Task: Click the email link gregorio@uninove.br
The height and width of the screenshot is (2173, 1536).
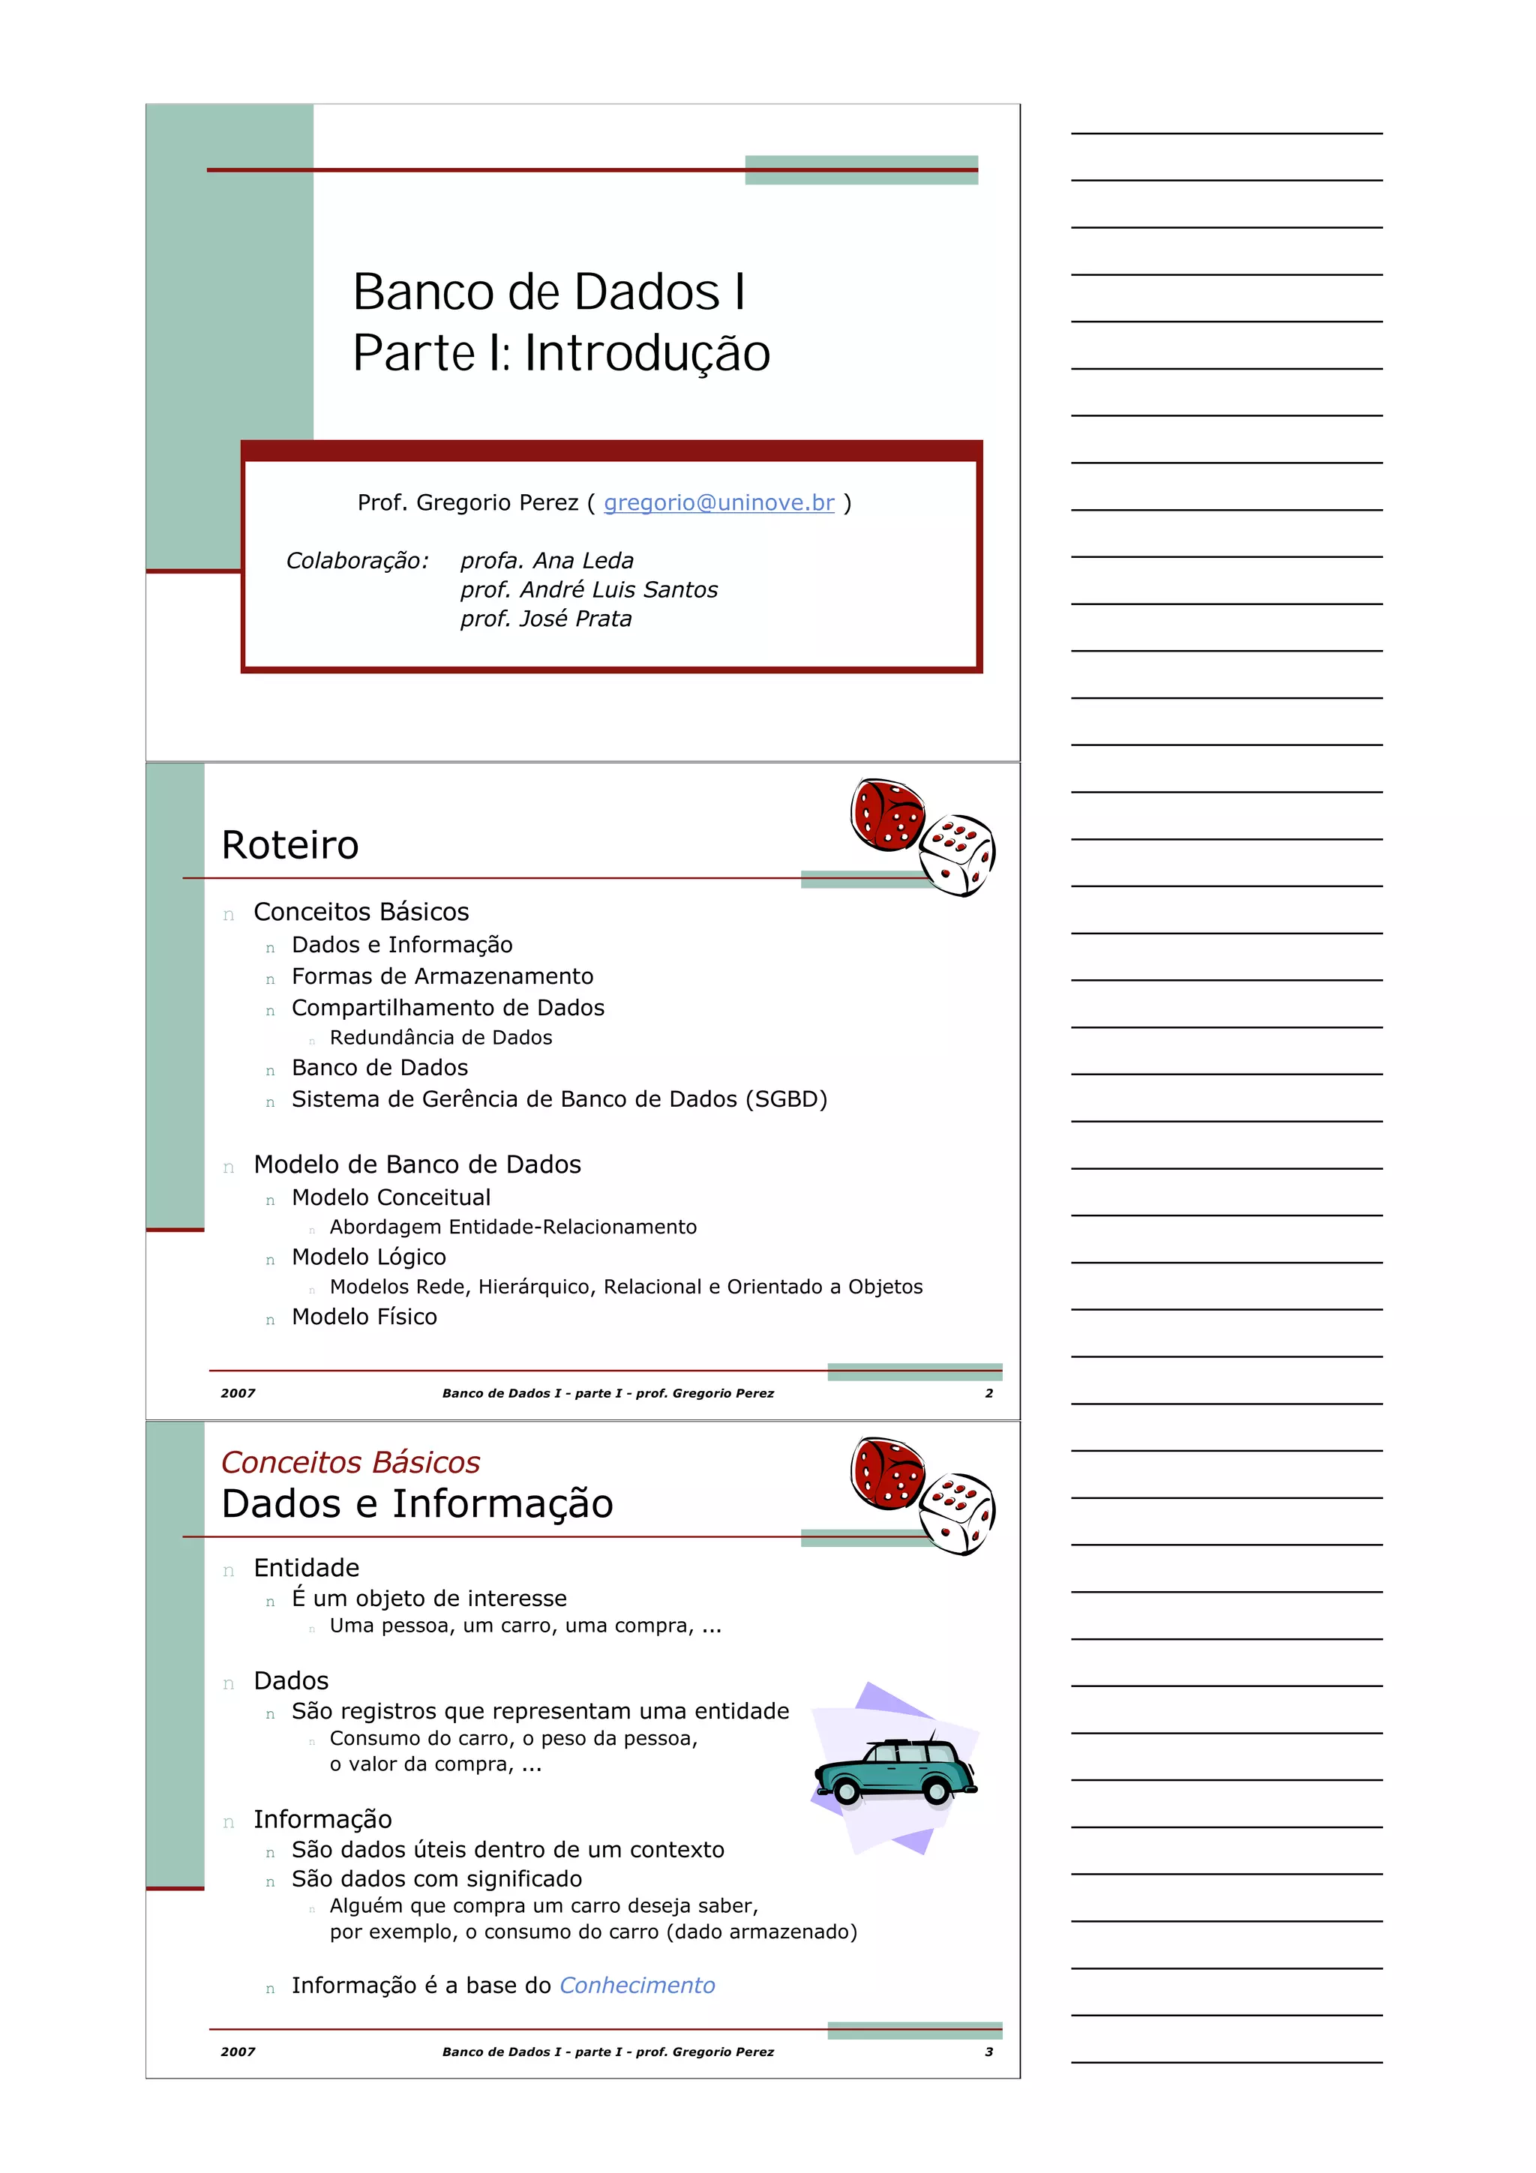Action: click(x=718, y=502)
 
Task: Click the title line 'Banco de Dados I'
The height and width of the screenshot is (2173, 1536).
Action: click(x=549, y=292)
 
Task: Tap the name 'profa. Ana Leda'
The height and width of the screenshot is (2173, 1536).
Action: click(x=546, y=560)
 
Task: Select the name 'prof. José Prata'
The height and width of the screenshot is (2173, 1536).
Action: click(x=545, y=619)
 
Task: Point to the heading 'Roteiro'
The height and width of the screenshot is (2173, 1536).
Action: click(x=289, y=845)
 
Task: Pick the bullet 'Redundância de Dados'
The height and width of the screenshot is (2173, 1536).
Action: click(x=440, y=1037)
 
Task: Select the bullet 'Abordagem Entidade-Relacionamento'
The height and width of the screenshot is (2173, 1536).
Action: click(x=512, y=1227)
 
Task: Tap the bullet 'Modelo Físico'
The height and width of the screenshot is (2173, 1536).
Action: click(x=364, y=1317)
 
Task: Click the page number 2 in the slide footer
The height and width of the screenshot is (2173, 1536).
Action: click(x=989, y=1393)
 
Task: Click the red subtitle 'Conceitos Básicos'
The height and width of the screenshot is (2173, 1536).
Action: click(x=350, y=1462)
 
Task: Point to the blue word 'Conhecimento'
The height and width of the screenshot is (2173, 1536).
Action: click(x=637, y=1985)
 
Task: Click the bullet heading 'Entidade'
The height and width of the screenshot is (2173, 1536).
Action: click(x=306, y=1568)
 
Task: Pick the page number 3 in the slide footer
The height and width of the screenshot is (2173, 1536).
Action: click(x=989, y=2052)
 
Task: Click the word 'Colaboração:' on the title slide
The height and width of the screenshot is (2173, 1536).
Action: click(x=357, y=560)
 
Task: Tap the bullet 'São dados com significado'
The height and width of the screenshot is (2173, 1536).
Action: click(x=436, y=1878)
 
